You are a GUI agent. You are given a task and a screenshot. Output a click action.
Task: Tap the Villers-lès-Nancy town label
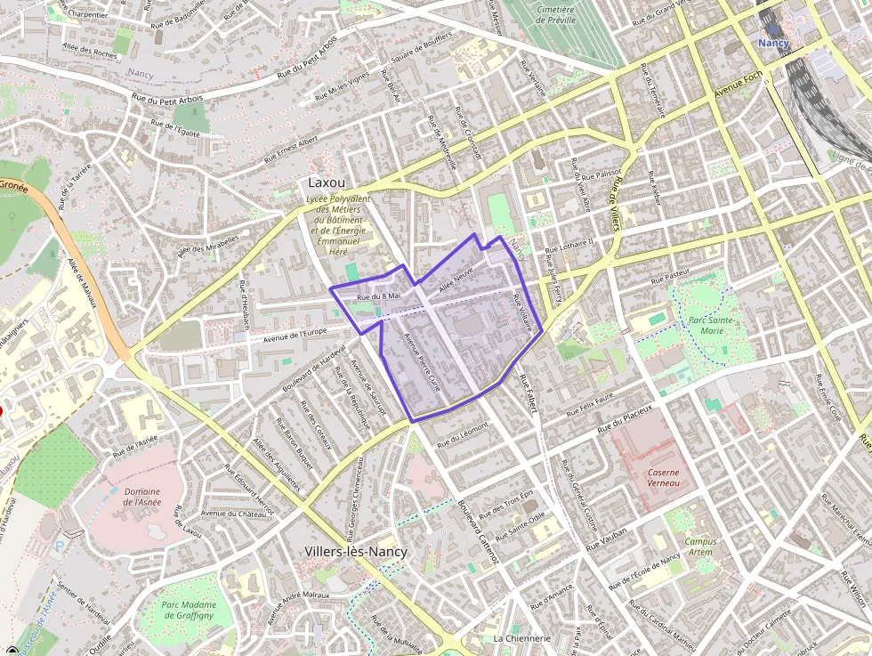pyautogui.click(x=356, y=552)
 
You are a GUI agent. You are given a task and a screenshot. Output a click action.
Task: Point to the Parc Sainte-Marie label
pyautogui.click(x=711, y=325)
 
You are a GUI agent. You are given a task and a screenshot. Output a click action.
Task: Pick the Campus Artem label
pyautogui.click(x=700, y=547)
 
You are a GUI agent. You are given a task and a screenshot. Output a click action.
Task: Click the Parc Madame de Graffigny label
pyautogui.click(x=189, y=611)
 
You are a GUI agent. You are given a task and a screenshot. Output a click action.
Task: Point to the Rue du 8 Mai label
pyautogui.click(x=380, y=296)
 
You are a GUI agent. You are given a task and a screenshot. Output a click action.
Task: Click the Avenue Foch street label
pyautogui.click(x=738, y=86)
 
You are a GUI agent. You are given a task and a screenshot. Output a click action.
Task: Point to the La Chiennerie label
pyautogui.click(x=521, y=638)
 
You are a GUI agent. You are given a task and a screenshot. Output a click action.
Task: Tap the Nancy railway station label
pyautogui.click(x=773, y=42)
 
